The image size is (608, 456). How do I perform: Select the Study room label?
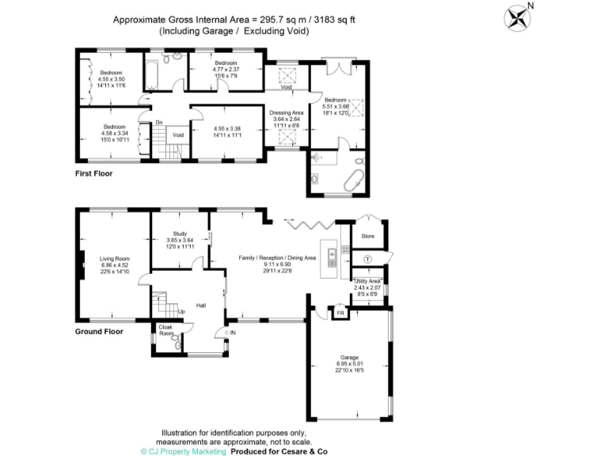click(x=180, y=234)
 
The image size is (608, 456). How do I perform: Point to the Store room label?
click(x=367, y=235)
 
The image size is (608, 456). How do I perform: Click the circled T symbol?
click(x=367, y=259)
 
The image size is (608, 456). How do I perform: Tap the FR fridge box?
click(x=340, y=314)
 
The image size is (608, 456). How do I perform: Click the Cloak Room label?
click(x=166, y=329)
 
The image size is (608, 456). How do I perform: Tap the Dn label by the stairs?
click(x=158, y=122)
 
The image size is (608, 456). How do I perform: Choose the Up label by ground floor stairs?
click(x=181, y=311)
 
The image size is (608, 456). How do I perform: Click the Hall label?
click(x=201, y=304)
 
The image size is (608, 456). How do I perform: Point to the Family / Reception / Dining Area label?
click(x=278, y=257)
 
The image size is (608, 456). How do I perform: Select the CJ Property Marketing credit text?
click(x=183, y=450)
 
